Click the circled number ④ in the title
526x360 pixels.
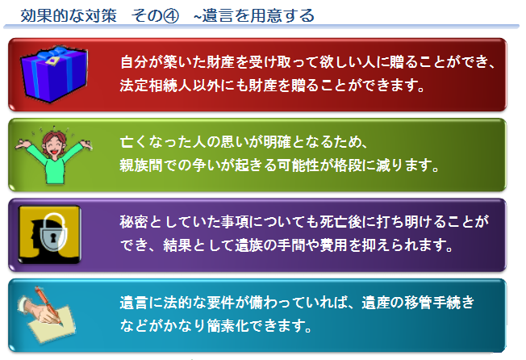170,16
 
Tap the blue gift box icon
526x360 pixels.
54,73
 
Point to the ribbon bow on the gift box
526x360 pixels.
52,54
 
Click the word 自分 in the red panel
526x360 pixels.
134,61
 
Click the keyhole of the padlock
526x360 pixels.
53,238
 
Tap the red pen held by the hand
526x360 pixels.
48,304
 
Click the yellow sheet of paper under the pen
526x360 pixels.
52,324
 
